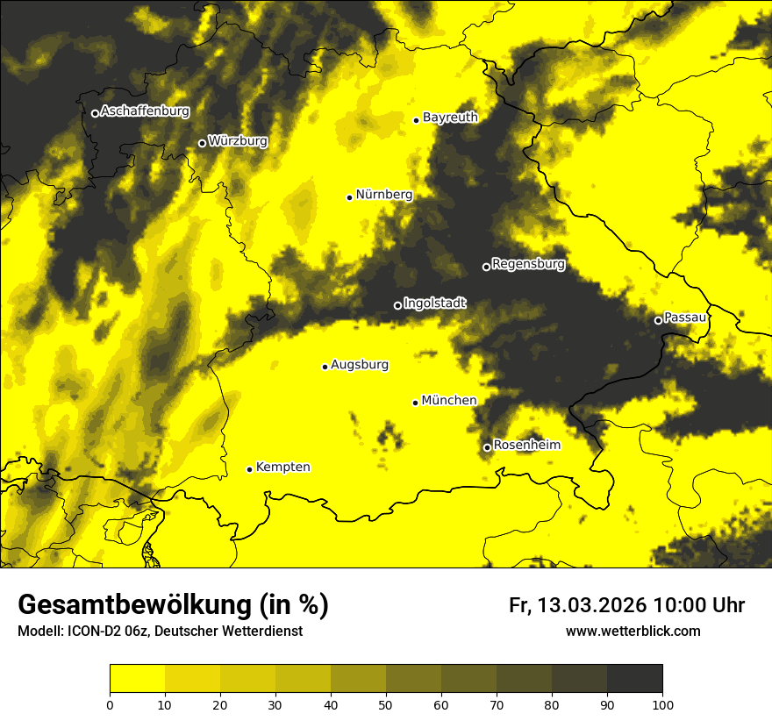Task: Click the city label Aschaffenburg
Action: pyautogui.click(x=145, y=111)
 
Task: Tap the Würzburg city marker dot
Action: pyautogui.click(x=202, y=143)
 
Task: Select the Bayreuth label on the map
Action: pyautogui.click(x=450, y=118)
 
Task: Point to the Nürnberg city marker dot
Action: pyautogui.click(x=349, y=197)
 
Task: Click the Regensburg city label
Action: pyautogui.click(x=528, y=264)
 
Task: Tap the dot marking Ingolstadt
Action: pyautogui.click(x=397, y=305)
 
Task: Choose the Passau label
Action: pyautogui.click(x=685, y=318)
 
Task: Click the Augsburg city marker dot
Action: pyautogui.click(x=325, y=367)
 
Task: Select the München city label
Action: pyautogui.click(x=449, y=401)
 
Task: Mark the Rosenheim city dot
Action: pyautogui.click(x=487, y=447)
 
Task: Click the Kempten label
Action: pyautogui.click(x=282, y=467)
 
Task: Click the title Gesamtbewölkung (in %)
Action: pyautogui.click(x=173, y=605)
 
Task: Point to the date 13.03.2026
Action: pyautogui.click(x=592, y=606)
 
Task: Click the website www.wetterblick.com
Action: pyautogui.click(x=633, y=632)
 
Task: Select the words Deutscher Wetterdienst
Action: pyautogui.click(x=232, y=632)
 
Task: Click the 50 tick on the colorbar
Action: pyautogui.click(x=386, y=704)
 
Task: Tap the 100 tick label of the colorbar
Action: pyautogui.click(x=662, y=704)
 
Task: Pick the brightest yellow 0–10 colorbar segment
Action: pyautogui.click(x=137, y=679)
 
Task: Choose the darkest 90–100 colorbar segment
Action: pyautogui.click(x=634, y=679)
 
